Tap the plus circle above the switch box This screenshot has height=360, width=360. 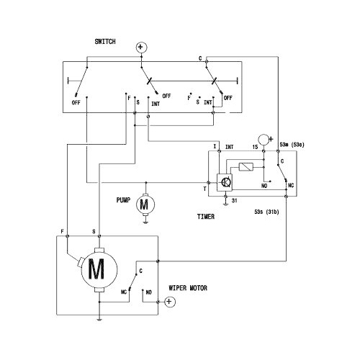[141, 48]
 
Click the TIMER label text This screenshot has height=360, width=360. [207, 215]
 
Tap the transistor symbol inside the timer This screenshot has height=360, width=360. [225, 181]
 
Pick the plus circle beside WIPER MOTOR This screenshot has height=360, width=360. [169, 302]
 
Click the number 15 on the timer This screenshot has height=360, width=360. [254, 146]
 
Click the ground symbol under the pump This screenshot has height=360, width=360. [145, 222]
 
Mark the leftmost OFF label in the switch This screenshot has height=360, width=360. [76, 103]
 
